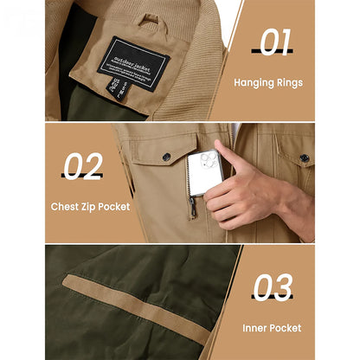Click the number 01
270,41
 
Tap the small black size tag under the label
117,101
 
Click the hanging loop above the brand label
150,18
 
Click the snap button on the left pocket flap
166,157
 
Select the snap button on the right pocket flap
304,157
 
